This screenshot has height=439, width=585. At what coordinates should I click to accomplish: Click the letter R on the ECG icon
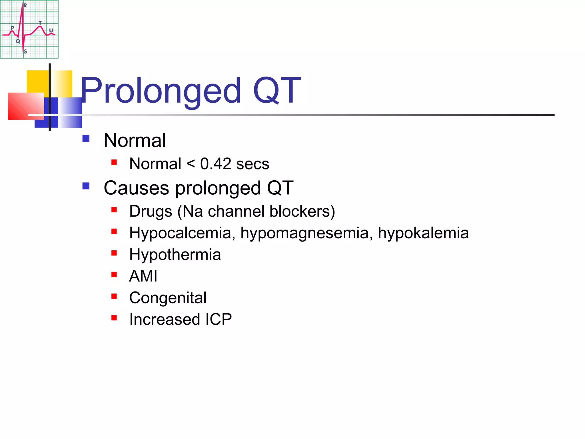point(25,5)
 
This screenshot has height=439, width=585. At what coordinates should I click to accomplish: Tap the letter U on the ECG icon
point(51,30)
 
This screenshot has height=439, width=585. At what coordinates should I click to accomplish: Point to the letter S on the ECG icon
point(25,52)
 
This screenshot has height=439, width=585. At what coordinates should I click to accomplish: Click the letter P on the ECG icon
point(13,28)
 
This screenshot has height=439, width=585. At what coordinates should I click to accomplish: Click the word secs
point(253,164)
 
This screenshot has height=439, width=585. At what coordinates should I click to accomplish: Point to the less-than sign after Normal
point(191,164)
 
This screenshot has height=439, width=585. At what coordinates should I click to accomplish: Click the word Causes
point(136,188)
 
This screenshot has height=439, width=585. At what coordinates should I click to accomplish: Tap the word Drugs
point(151,211)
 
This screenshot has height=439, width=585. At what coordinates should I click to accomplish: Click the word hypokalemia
point(423,233)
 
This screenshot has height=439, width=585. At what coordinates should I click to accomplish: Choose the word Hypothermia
point(175,255)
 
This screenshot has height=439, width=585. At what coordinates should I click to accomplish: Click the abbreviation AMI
point(143,276)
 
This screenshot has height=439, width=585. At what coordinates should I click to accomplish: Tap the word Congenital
point(168,298)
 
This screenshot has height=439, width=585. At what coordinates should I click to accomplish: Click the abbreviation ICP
point(218,319)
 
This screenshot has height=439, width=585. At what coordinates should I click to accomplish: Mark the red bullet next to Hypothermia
point(114,253)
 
